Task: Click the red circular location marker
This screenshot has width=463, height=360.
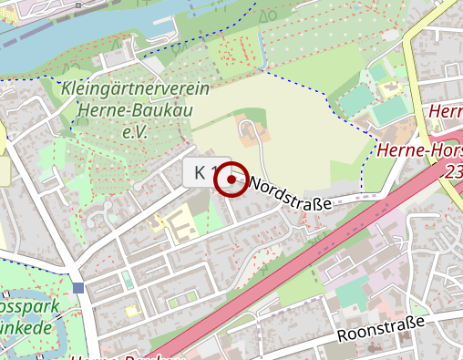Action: pyautogui.click(x=231, y=180)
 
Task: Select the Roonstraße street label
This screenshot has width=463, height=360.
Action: pyautogui.click(x=381, y=329)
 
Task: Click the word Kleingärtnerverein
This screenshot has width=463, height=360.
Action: pyautogui.click(x=136, y=89)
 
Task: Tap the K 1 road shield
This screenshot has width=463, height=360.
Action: pyautogui.click(x=202, y=171)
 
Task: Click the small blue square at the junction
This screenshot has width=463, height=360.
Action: pyautogui.click(x=77, y=288)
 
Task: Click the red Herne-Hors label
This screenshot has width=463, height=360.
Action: pyautogui.click(x=419, y=151)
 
